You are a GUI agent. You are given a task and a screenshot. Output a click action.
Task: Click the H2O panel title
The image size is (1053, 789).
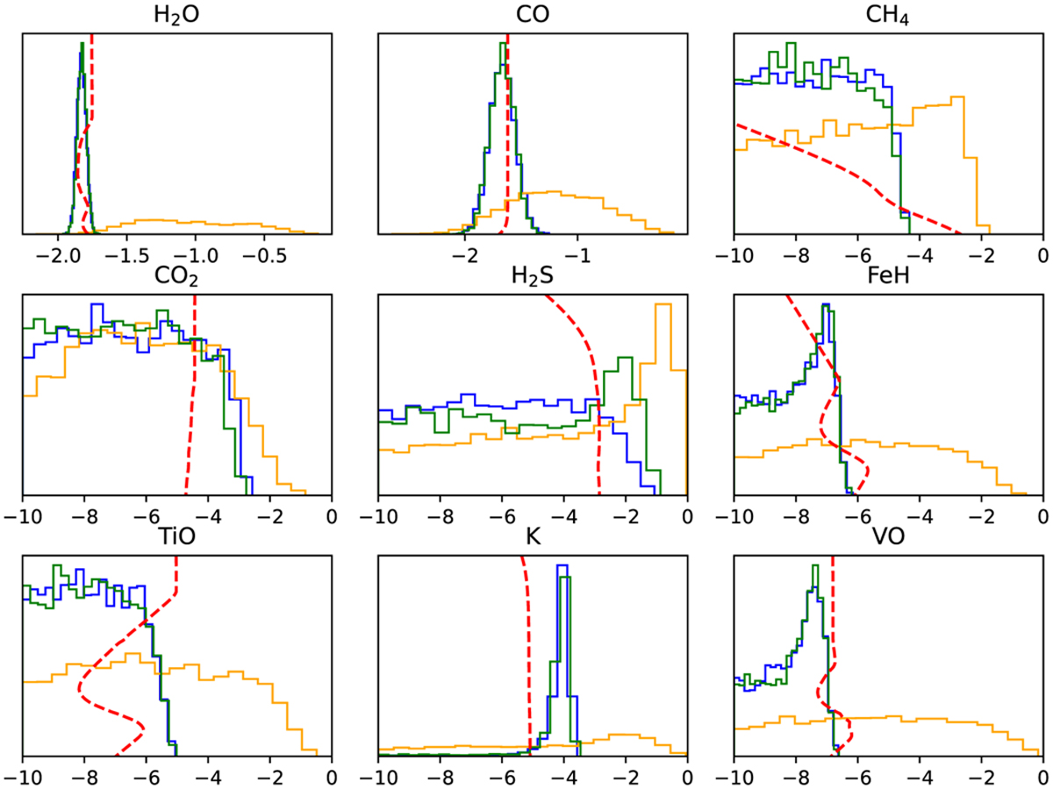(176, 15)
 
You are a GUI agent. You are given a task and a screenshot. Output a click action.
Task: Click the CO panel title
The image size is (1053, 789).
(531, 15)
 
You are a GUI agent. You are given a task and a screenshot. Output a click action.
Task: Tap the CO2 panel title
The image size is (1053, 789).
(176, 278)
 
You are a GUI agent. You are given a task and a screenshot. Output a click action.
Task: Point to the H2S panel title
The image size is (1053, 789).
(532, 278)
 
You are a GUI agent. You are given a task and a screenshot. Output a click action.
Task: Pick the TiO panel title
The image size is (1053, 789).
(176, 539)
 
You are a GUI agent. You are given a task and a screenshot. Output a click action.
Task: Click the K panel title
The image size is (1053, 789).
(532, 539)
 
